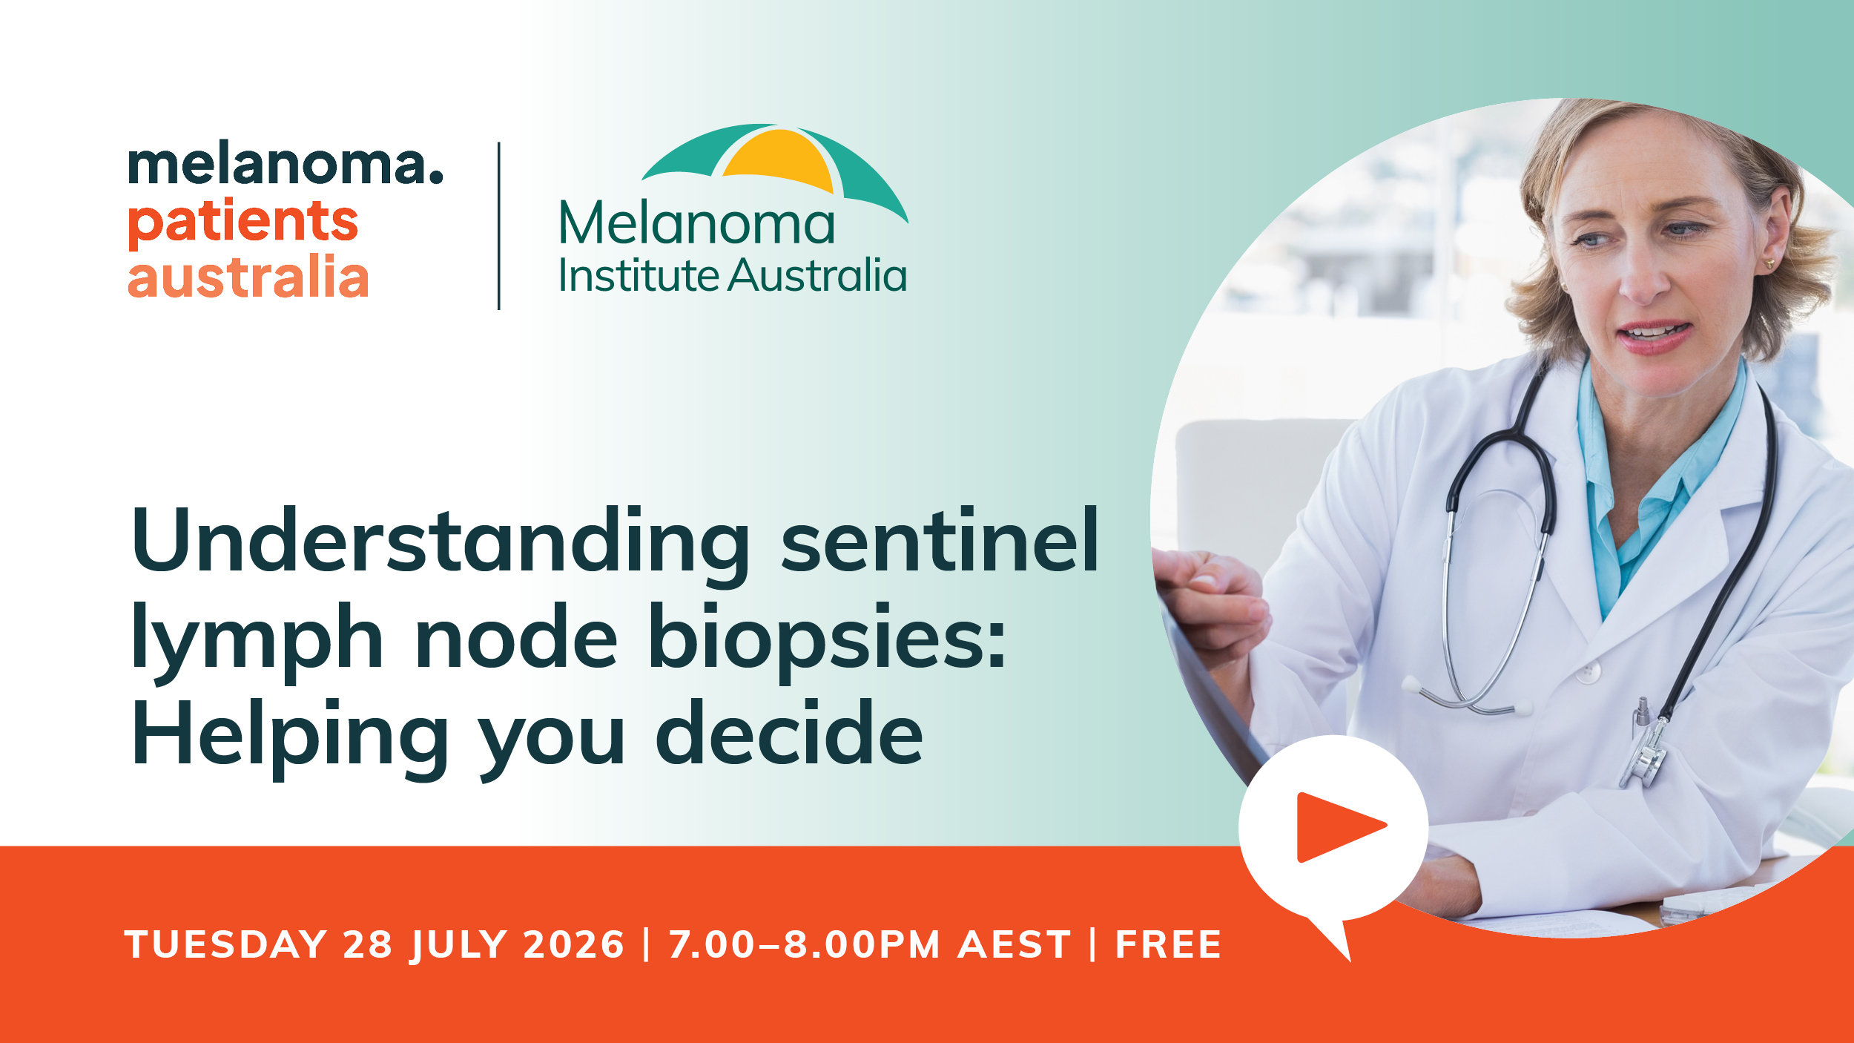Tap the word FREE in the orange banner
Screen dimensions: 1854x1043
click(1169, 945)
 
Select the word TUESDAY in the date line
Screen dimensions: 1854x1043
click(226, 945)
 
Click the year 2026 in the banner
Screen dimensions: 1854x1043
click(574, 945)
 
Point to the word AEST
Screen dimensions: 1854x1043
click(1015, 945)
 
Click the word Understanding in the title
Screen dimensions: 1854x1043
click(441, 542)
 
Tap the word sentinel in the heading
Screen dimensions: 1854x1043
click(940, 540)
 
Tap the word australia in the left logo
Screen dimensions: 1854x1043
click(248, 276)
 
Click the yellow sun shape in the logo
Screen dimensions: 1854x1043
click(779, 159)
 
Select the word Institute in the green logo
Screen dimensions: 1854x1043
click(639, 276)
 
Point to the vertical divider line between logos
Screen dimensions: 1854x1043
click(499, 226)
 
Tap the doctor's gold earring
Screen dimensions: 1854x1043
click(1769, 263)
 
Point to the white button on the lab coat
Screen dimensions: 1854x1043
click(1588, 672)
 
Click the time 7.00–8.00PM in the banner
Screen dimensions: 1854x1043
click(805, 945)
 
